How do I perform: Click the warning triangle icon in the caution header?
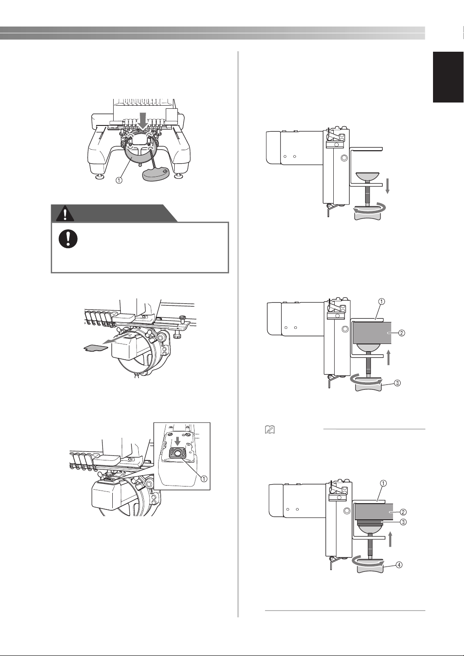coord(65,214)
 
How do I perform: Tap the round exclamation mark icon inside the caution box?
coord(68,239)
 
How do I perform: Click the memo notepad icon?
coord(269,430)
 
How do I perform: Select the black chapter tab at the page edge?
coord(448,77)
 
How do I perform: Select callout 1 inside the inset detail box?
coord(204,478)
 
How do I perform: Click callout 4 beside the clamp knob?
coord(398,565)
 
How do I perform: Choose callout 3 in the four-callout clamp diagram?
coord(403,522)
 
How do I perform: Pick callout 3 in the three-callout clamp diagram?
coord(397,383)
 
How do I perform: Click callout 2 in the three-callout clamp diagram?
coord(402,333)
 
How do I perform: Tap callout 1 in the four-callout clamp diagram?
coord(384,483)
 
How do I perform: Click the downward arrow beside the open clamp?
coord(388,187)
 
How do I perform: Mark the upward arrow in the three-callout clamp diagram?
coord(389,358)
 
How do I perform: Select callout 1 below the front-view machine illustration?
coord(119,180)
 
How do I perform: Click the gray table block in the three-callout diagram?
coord(372,333)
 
